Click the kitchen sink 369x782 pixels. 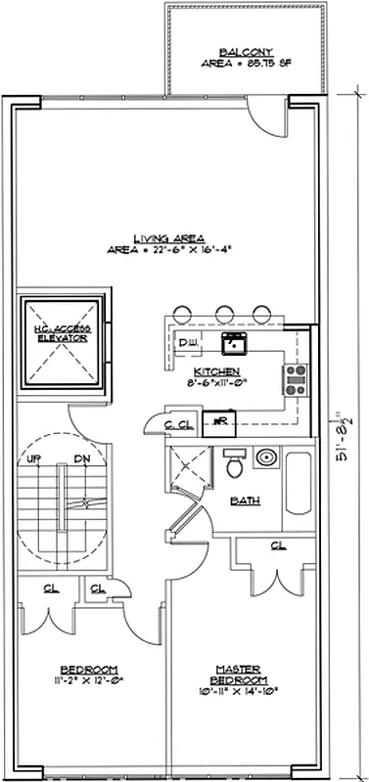coord(233,343)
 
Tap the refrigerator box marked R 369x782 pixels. coord(221,420)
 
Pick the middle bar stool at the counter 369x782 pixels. coord(222,312)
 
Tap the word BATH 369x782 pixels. coord(245,501)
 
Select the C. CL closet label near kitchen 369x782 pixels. coord(178,425)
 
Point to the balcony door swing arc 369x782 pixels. coord(266,115)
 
